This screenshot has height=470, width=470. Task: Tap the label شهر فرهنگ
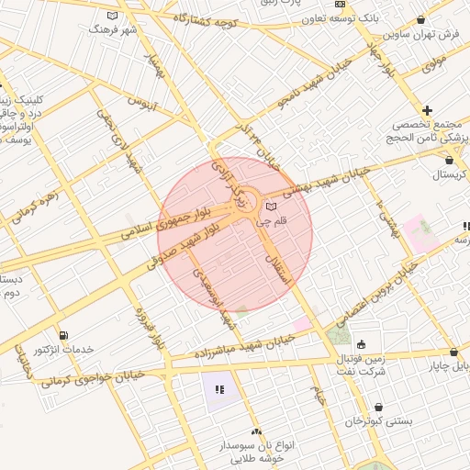(x=112, y=28)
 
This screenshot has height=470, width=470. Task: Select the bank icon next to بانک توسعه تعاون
(x=340, y=5)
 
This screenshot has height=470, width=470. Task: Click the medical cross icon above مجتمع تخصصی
(x=428, y=110)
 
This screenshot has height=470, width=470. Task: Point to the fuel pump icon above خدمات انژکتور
(x=62, y=335)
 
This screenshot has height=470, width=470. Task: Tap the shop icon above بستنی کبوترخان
(x=379, y=407)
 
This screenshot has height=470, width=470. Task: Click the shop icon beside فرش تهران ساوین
(x=420, y=20)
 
